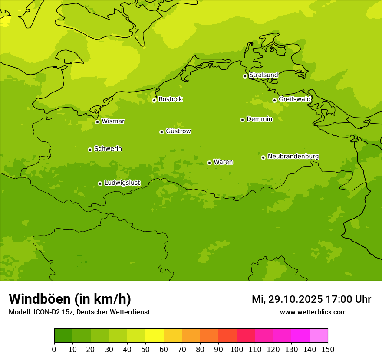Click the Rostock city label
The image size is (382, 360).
click(x=170, y=99)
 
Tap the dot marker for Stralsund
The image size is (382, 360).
click(x=245, y=76)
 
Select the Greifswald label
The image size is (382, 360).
click(x=295, y=99)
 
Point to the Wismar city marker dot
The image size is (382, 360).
click(x=97, y=122)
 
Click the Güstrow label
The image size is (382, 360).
click(x=178, y=131)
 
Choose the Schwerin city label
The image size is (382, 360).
click(x=108, y=149)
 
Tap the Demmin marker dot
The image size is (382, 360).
click(x=242, y=120)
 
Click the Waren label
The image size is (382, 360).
click(x=223, y=162)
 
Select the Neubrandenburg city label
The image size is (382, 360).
click(x=293, y=157)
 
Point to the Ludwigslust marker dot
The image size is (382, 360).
click(x=100, y=183)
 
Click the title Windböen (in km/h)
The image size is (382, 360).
click(x=70, y=299)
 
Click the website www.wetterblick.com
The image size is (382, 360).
click(x=313, y=312)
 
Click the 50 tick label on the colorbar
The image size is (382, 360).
click(x=145, y=349)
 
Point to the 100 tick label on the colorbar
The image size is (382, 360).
click(x=237, y=349)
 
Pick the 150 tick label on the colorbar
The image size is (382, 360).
click(x=328, y=349)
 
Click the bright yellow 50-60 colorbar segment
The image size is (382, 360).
click(x=155, y=336)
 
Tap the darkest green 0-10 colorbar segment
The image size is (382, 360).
click(x=63, y=336)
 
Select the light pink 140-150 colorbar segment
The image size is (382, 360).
click(x=319, y=336)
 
